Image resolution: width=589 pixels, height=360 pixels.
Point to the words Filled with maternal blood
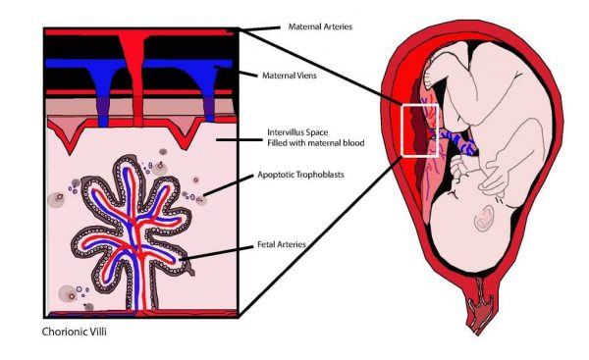click(x=316, y=143)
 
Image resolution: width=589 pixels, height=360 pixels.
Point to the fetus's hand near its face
click(x=494, y=180)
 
